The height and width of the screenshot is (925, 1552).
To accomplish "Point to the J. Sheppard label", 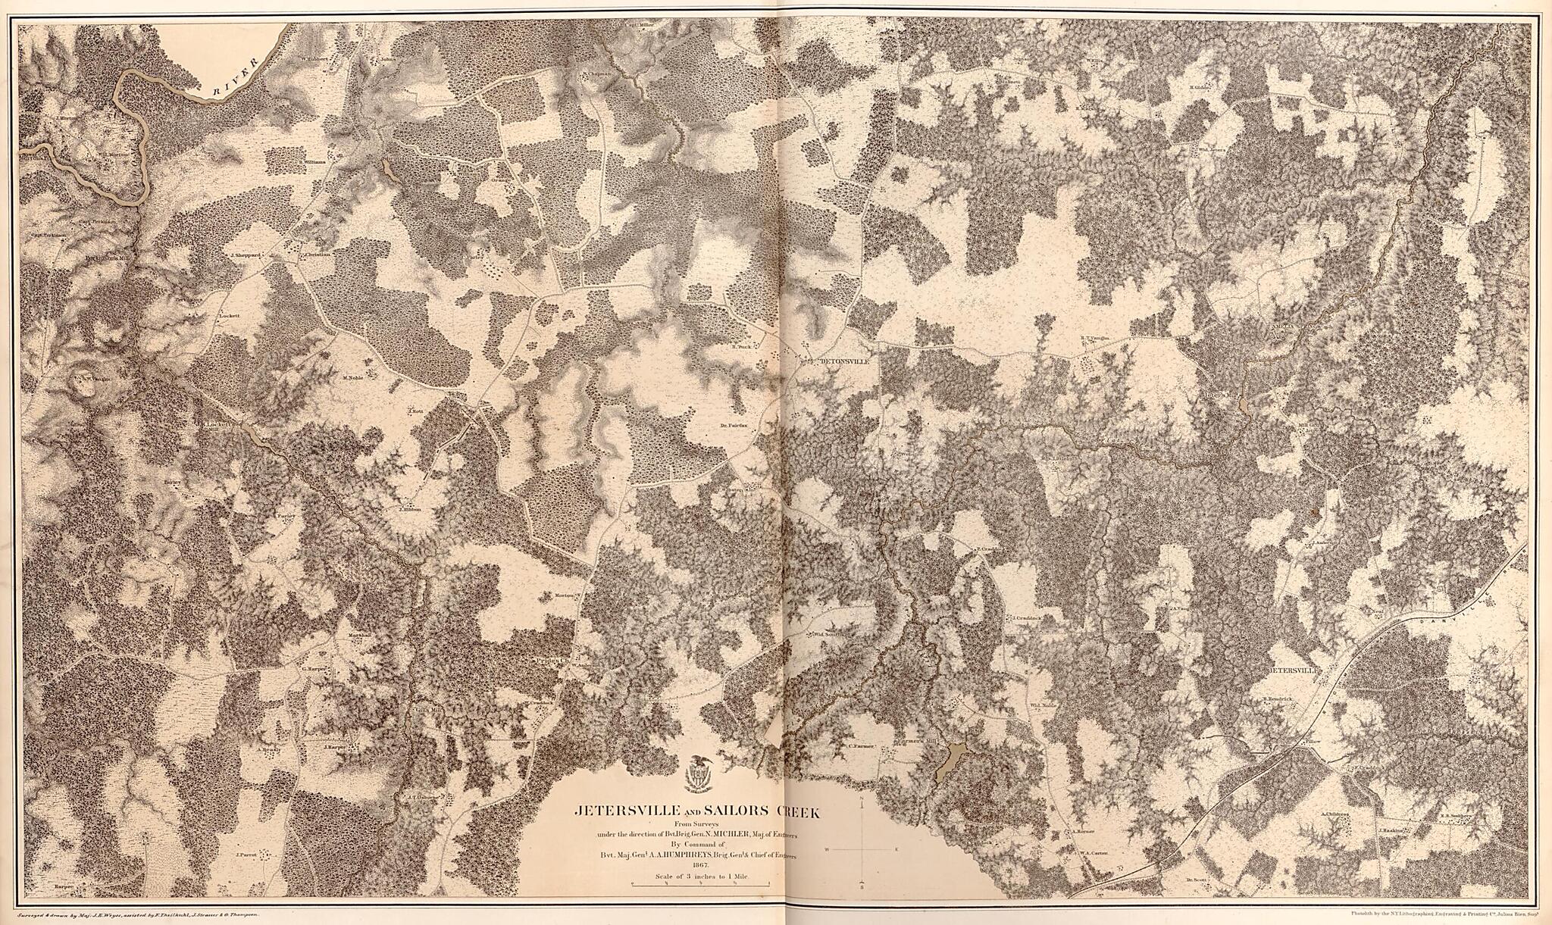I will coord(245,255).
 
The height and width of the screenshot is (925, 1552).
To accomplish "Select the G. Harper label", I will coord(313,669).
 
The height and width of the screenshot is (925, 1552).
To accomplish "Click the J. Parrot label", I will coord(248,855).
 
